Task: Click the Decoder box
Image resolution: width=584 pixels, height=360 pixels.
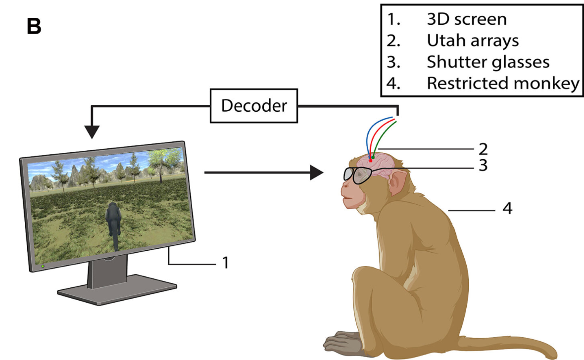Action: [x=254, y=106]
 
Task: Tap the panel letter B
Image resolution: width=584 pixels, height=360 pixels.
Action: [x=33, y=27]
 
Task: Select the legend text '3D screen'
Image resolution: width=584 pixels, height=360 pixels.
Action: [x=467, y=19]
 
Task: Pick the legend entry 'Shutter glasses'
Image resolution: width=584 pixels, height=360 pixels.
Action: [x=488, y=62]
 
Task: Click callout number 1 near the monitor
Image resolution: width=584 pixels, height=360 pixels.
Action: [x=225, y=263]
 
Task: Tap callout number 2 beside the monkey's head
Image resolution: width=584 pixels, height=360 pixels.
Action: [x=483, y=148]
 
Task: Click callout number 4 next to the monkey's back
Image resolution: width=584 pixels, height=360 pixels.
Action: [x=507, y=209]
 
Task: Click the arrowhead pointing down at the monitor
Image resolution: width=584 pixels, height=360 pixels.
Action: [x=92, y=132]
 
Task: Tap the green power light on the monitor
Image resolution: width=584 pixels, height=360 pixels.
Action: [x=43, y=266]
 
